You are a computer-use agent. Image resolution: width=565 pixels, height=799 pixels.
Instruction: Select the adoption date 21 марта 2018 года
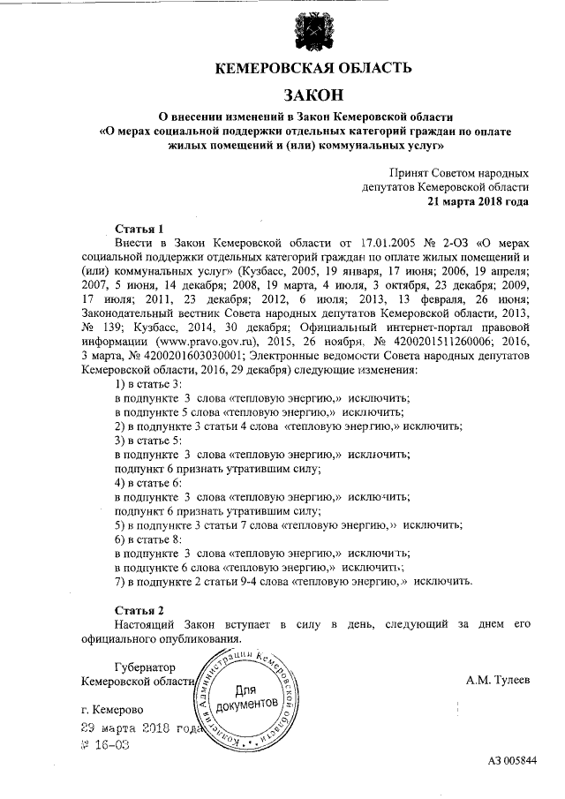pos(478,200)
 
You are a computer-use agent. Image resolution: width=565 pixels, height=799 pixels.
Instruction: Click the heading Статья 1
pos(139,227)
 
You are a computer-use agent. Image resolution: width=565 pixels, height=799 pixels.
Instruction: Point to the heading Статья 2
pos(139,610)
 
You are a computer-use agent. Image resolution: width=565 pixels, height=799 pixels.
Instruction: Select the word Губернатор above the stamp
pos(145,667)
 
